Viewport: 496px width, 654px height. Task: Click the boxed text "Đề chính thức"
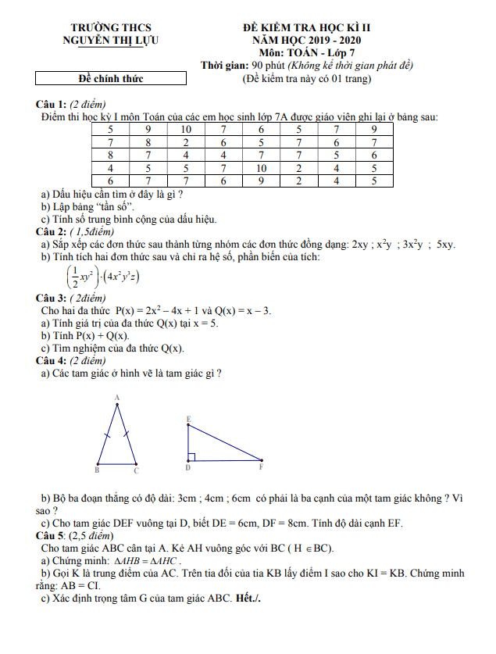click(x=111, y=78)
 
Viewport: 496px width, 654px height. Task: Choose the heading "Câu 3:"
click(x=52, y=298)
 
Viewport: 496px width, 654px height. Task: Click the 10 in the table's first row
click(x=186, y=130)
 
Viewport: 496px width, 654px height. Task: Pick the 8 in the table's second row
click(x=148, y=142)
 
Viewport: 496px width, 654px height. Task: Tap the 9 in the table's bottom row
click(x=262, y=180)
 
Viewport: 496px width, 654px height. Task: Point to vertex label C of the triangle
click(x=136, y=470)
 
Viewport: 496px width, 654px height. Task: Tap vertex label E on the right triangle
click(x=188, y=420)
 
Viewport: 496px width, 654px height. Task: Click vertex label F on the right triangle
click(x=261, y=467)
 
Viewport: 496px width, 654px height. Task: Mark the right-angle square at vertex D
click(x=191, y=456)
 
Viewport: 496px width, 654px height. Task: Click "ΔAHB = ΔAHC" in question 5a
click(x=148, y=561)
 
